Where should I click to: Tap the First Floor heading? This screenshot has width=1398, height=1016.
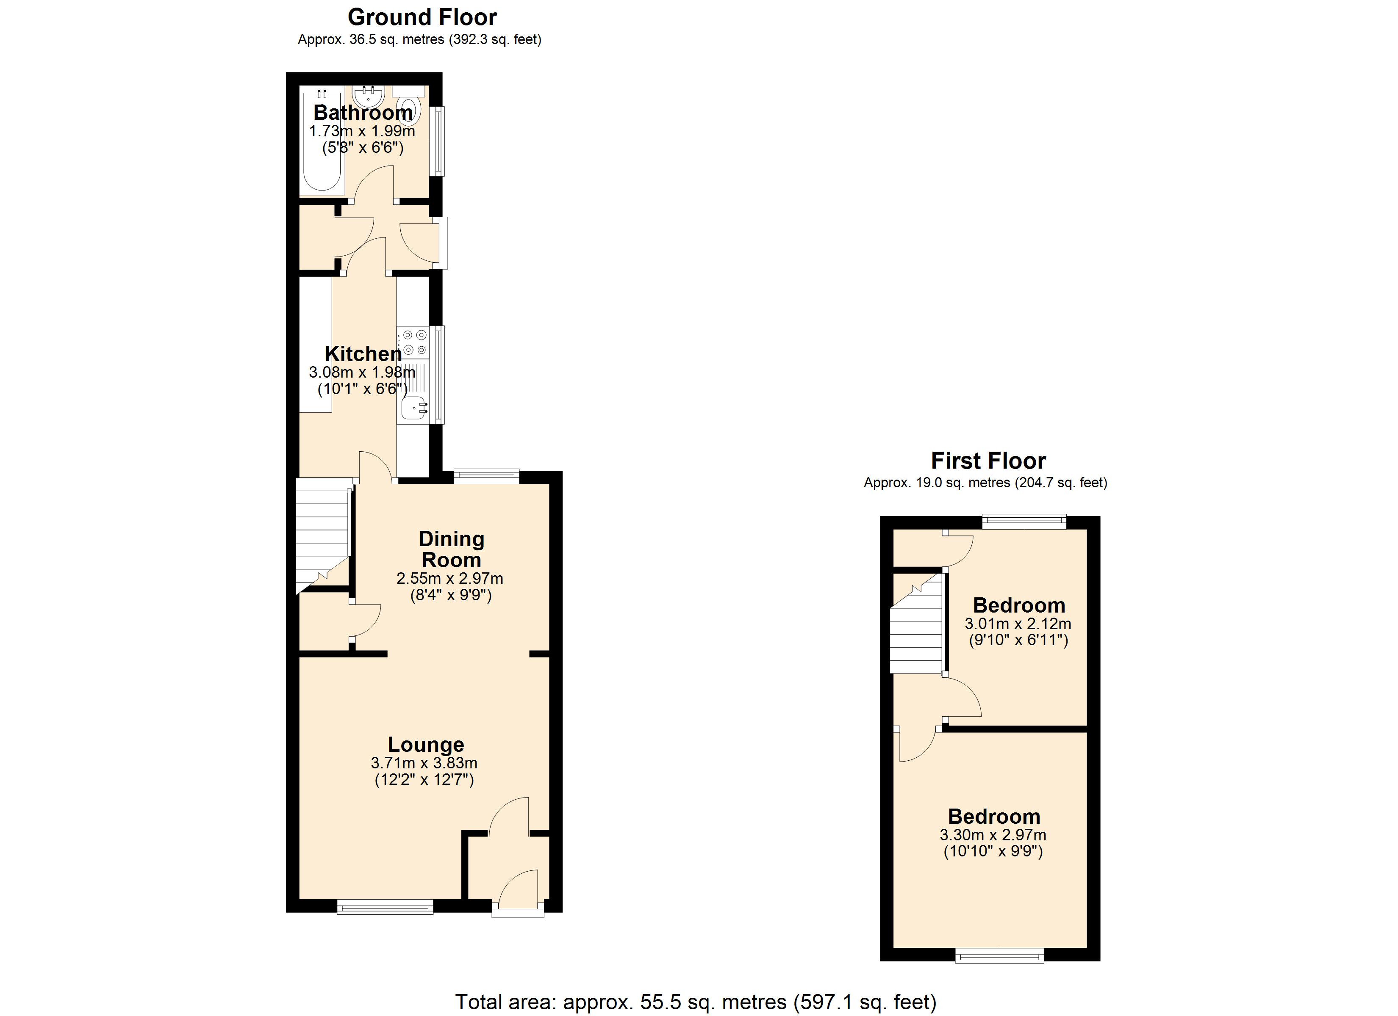click(987, 461)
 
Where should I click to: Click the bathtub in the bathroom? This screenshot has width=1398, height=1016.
click(321, 142)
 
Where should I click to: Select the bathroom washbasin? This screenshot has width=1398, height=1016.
click(369, 97)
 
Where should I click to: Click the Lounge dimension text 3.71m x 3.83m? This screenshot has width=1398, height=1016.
click(424, 763)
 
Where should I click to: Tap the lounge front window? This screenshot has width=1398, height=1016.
click(385, 906)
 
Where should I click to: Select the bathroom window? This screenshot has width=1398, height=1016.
click(437, 141)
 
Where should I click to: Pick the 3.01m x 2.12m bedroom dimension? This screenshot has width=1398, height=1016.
click(1018, 624)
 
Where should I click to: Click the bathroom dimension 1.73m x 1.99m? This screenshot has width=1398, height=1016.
click(362, 131)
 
